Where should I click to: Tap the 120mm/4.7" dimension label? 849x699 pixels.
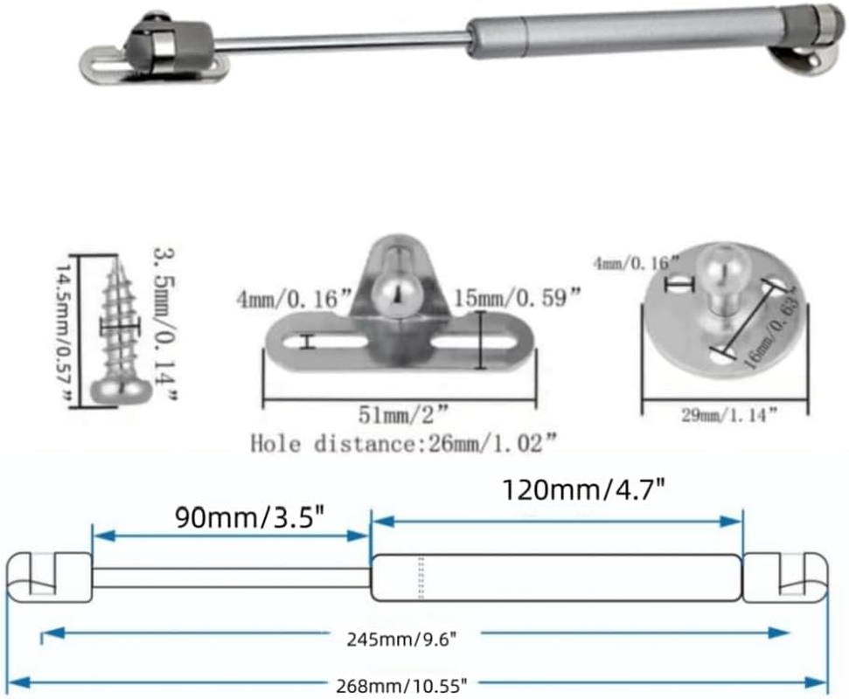[585, 490]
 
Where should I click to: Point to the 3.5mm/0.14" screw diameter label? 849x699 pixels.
[166, 322]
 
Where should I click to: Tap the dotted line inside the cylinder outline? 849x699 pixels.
[421, 578]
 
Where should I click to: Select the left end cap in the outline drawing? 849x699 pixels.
[49, 578]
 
